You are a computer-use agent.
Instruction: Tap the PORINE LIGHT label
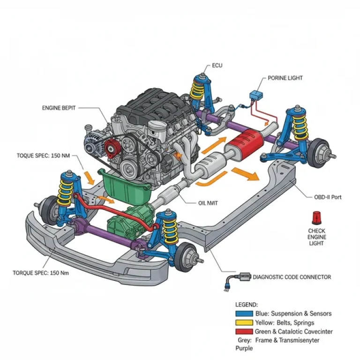click(285, 78)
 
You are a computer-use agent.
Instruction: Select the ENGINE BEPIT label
click(59, 108)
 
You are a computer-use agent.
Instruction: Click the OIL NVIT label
click(209, 203)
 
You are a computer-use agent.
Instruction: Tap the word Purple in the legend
click(244, 348)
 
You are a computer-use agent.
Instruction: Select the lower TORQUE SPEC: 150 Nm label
click(41, 273)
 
